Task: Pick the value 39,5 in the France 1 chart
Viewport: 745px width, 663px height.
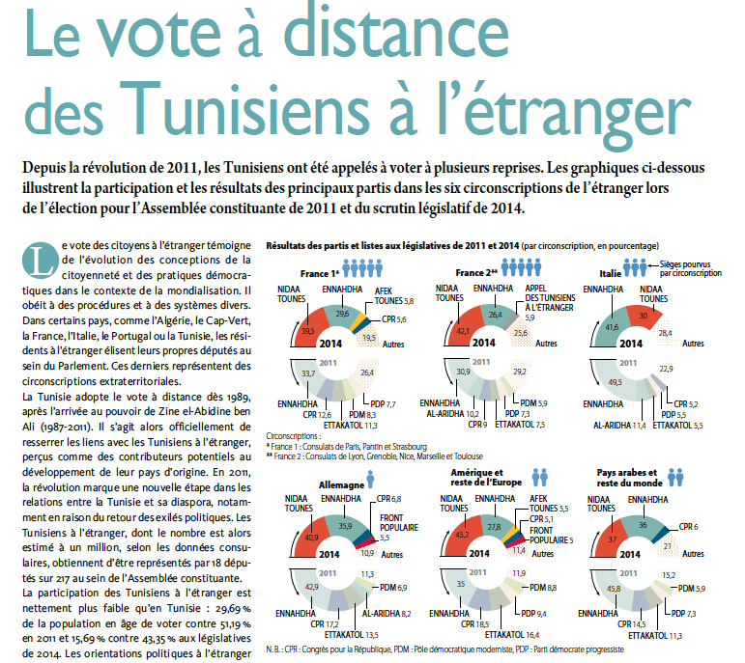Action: tap(308, 330)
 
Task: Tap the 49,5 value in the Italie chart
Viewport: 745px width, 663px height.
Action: tap(611, 381)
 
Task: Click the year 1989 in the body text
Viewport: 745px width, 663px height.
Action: tap(233, 398)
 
